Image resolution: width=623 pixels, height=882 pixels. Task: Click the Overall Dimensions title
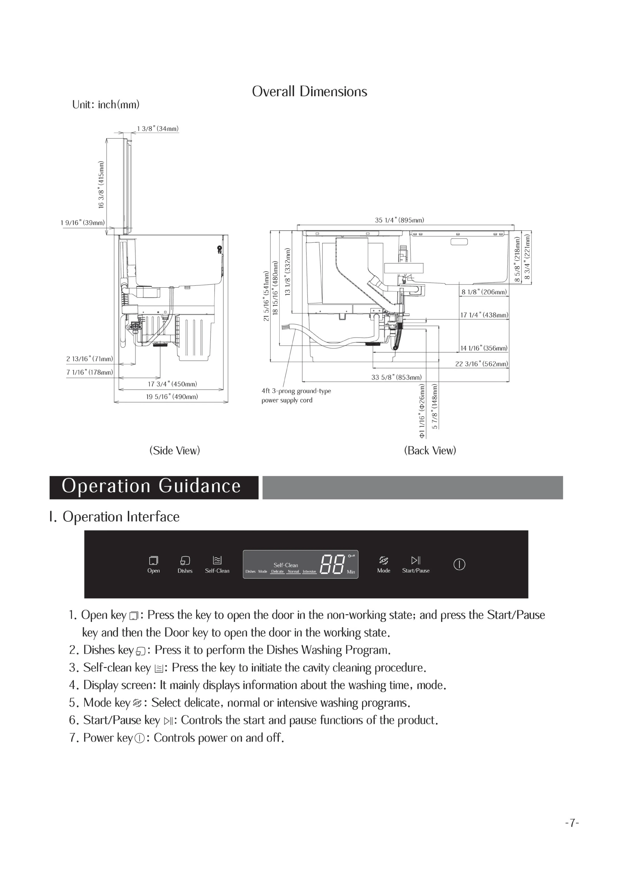coord(309,91)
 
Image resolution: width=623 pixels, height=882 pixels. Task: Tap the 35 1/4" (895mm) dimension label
coord(399,220)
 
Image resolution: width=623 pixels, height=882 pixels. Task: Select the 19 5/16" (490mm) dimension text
coord(172,396)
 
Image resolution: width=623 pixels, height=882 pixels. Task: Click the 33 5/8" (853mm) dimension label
coord(396,377)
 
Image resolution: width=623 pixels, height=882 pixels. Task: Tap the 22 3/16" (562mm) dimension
coord(481,364)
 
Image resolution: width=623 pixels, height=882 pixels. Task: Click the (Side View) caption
coord(175,450)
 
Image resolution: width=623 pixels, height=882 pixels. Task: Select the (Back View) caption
coord(430,450)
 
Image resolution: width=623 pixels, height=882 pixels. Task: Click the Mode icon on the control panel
coord(383,560)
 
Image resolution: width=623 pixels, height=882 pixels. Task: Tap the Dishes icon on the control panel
coord(185,560)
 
